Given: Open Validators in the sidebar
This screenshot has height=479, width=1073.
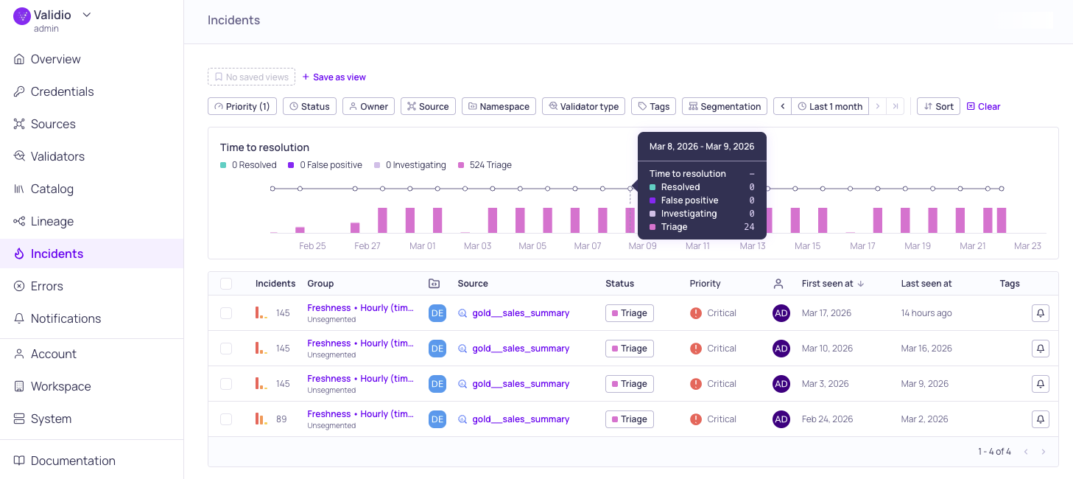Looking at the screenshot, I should [57, 156].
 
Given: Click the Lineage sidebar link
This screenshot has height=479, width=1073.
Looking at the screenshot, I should [52, 221].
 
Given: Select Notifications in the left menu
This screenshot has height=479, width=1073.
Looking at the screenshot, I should [66, 318].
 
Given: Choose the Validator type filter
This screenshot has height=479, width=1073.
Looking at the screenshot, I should [583, 106].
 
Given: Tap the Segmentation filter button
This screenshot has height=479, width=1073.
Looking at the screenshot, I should [724, 106].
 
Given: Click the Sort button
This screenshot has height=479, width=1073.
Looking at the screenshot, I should [938, 106].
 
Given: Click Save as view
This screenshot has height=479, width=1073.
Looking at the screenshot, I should [334, 77].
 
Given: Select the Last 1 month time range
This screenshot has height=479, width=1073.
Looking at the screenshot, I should [830, 106].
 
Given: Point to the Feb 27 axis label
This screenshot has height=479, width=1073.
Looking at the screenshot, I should [367, 246].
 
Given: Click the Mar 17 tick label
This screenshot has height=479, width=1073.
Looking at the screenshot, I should [862, 246].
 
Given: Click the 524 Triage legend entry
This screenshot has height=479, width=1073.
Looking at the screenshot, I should [485, 165].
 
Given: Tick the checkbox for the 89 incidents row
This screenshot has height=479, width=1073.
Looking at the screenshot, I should [226, 419].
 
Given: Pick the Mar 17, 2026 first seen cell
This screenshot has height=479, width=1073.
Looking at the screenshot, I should [826, 313].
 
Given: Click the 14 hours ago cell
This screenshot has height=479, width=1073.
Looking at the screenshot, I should [926, 313].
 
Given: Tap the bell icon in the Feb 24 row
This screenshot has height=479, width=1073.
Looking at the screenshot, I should [1040, 419].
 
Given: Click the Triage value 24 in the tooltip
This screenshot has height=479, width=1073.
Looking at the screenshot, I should [749, 227].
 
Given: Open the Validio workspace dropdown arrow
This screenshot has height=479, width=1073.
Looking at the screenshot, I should [87, 15].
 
